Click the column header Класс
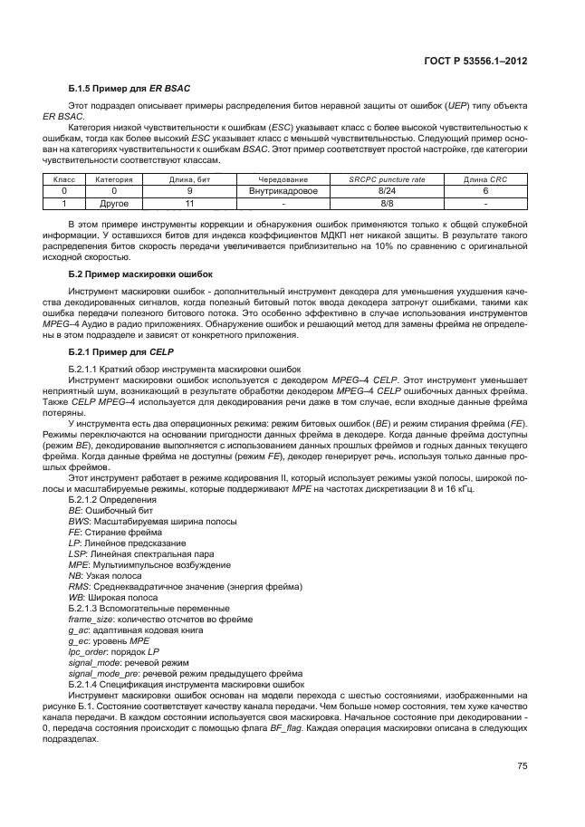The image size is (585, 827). click(63, 180)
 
